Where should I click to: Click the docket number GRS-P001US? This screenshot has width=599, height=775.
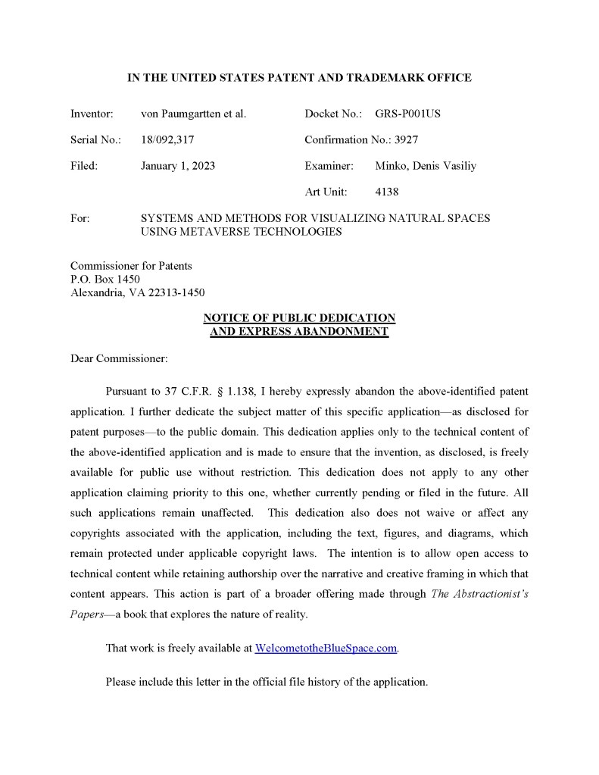coord(407,114)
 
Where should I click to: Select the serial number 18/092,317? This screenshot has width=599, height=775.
coord(168,139)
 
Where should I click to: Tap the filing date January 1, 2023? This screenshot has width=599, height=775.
coord(177,166)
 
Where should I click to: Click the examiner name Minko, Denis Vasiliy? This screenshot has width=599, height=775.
coord(426,166)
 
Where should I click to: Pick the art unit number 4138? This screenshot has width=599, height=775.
coord(386,192)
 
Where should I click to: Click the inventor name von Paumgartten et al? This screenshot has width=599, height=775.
coord(193,114)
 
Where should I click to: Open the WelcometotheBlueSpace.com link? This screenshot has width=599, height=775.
coord(326,648)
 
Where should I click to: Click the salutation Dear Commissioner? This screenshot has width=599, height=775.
coord(119,358)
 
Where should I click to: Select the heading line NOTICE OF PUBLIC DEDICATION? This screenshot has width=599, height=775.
coord(299,318)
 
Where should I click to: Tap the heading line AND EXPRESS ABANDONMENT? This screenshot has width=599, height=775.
coord(299,332)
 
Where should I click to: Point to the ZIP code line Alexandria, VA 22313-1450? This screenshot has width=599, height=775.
coord(137,292)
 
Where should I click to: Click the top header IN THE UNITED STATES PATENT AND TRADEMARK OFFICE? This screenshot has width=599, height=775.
coord(299,78)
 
